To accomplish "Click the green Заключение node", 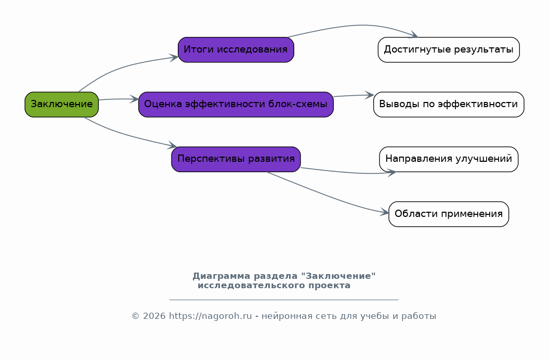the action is click(62, 105).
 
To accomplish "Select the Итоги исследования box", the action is click(236, 50).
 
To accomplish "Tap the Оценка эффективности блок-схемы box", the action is click(236, 105).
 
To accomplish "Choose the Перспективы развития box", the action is click(236, 159).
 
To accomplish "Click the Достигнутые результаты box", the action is click(449, 50).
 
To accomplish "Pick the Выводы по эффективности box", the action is click(449, 105).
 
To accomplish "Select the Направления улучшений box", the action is click(449, 159).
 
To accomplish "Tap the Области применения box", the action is click(449, 214).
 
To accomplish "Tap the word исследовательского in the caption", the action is click(252, 286).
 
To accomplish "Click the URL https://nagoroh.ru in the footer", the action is click(211, 316).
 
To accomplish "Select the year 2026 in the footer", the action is click(154, 316).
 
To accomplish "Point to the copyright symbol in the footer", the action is click(136, 316).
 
